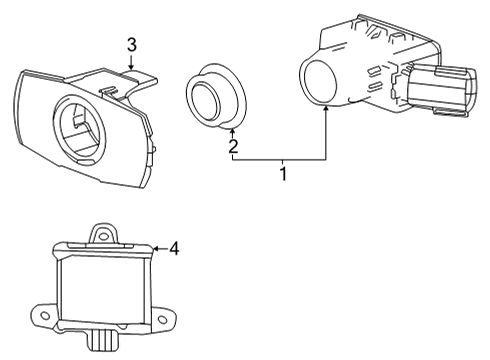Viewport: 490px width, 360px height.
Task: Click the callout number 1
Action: point(283,174)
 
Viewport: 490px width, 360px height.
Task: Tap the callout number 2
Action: point(232,147)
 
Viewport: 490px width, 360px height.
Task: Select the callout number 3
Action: point(131,43)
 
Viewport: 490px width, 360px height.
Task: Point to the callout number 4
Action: point(174,247)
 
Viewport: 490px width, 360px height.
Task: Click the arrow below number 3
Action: point(131,61)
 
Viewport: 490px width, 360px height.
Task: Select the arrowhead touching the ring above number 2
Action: point(232,130)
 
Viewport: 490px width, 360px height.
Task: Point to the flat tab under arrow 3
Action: point(135,77)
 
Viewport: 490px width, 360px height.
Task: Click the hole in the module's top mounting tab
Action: point(100,233)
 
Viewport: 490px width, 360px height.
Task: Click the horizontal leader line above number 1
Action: point(281,160)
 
